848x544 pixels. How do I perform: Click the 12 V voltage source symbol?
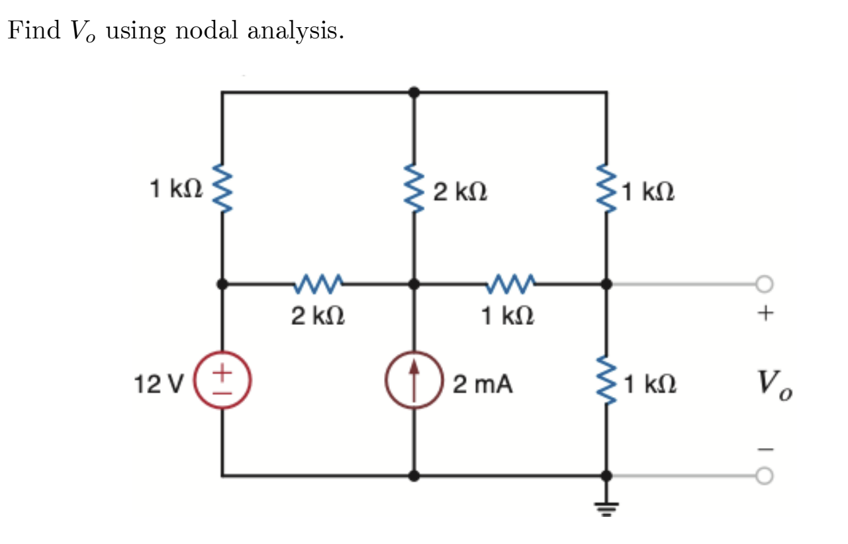[x=222, y=382]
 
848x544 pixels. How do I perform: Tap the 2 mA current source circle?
[x=414, y=382]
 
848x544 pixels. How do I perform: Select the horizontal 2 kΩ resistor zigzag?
[x=318, y=285]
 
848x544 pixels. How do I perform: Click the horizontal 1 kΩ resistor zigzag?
[x=510, y=285]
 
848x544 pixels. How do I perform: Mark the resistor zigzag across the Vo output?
[x=606, y=382]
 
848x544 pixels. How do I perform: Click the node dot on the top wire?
[x=414, y=93]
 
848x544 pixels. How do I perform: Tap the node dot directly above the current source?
[x=414, y=285]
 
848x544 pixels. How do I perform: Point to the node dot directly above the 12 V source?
[x=222, y=285]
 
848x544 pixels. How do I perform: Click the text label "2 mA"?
[x=483, y=384]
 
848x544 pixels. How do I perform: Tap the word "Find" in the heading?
[x=33, y=31]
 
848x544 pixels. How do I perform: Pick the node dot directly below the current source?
[x=414, y=475]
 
